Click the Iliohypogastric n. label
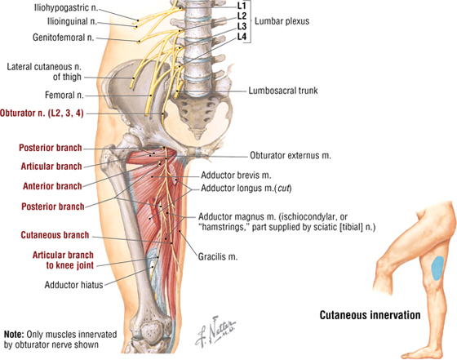(66, 8)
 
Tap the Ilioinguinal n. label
(72, 21)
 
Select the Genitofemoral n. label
(64, 38)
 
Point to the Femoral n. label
(64, 95)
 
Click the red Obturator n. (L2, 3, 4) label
(42, 113)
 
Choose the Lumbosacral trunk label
(283, 91)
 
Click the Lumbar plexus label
(282, 21)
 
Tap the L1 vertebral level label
(242, 5)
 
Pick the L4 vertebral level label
(242, 37)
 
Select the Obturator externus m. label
(291, 155)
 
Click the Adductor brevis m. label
(236, 176)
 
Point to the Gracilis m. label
(218, 257)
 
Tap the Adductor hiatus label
(73, 285)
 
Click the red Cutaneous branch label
(55, 235)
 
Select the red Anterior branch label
(52, 186)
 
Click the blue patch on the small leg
(437, 268)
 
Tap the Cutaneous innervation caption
(370, 315)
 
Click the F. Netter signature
(215, 331)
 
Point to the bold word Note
(13, 335)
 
